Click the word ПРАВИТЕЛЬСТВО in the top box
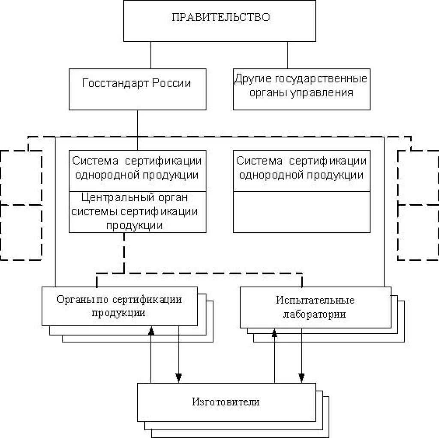(x=220, y=18)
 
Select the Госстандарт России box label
(x=136, y=83)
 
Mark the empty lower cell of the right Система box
(x=301, y=212)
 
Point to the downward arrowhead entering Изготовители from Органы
(x=179, y=378)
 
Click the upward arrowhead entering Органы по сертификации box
(x=151, y=330)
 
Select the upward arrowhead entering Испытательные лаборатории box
(x=274, y=332)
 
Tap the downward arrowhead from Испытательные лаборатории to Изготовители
(x=302, y=378)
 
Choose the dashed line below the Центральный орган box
(x=124, y=253)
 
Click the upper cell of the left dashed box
(x=21, y=177)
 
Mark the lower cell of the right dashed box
(x=418, y=232)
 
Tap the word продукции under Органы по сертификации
(x=118, y=313)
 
